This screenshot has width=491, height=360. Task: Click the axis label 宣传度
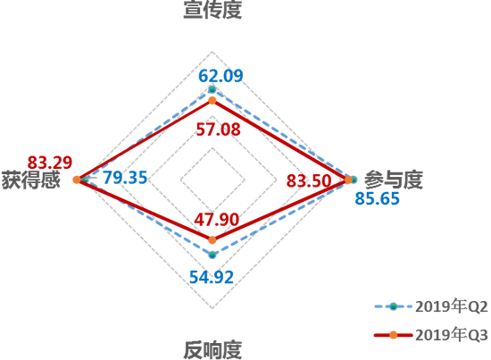click(212, 10)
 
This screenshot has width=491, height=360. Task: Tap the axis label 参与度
click(394, 180)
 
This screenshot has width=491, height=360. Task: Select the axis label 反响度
click(212, 350)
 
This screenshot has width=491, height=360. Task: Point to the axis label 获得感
click(30, 180)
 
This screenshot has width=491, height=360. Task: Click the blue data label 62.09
click(221, 76)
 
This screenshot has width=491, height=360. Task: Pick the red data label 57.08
click(218, 130)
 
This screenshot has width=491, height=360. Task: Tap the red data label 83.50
click(309, 180)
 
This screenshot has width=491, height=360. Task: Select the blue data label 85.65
click(378, 198)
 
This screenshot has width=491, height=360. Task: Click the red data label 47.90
click(216, 219)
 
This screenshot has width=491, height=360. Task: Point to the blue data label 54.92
click(212, 277)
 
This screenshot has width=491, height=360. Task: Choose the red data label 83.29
click(50, 163)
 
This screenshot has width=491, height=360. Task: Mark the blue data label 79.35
click(125, 178)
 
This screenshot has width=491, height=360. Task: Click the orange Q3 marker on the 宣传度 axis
click(212, 101)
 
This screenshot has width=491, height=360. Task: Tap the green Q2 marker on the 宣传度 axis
click(212, 89)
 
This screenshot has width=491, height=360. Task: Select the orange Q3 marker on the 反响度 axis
click(212, 240)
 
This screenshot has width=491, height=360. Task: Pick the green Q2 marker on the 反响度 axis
click(212, 255)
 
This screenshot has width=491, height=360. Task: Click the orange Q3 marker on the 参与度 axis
click(348, 180)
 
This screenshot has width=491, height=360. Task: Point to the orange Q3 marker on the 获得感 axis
click(77, 180)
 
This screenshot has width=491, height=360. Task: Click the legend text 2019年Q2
click(452, 306)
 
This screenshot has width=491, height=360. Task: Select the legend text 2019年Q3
click(452, 335)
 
